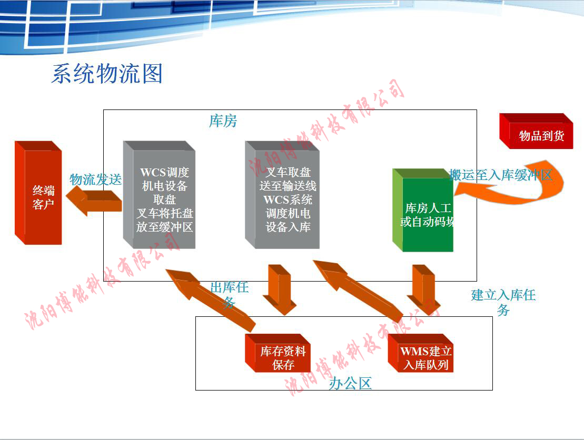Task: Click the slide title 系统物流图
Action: coord(107,74)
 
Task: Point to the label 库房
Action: coord(223,122)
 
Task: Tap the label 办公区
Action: coord(350,383)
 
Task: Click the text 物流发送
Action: coord(95,179)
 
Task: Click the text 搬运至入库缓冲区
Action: coord(500,175)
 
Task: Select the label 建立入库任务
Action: coord(503,302)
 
